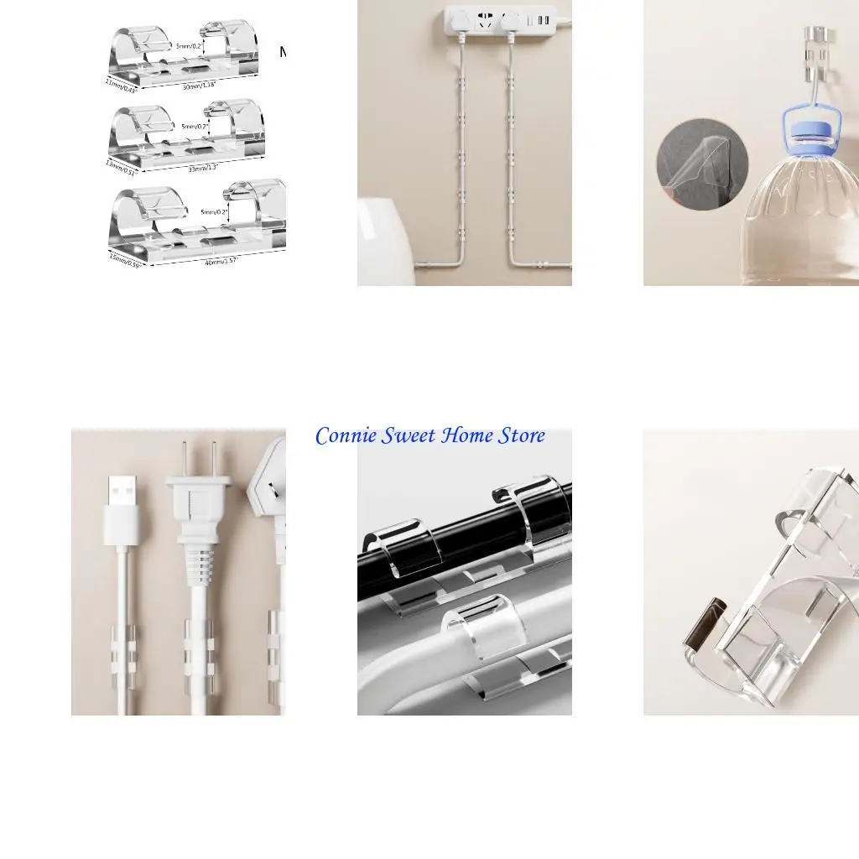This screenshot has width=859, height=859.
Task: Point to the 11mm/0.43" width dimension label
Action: click(x=121, y=85)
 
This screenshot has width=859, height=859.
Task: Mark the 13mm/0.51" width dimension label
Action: click(x=122, y=168)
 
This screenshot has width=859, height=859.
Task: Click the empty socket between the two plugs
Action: click(x=486, y=23)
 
